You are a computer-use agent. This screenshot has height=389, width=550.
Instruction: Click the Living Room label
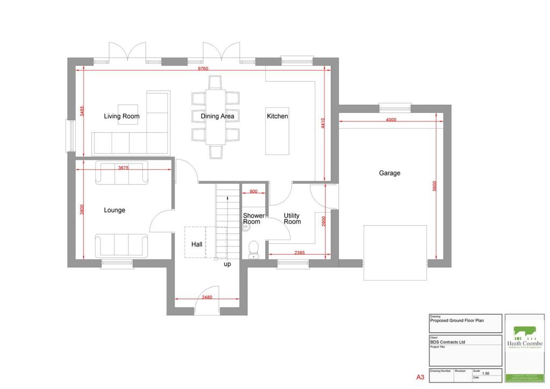(121, 116)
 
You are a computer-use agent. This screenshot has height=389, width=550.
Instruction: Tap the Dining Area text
(218, 116)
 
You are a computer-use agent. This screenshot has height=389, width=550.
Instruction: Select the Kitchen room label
(277, 116)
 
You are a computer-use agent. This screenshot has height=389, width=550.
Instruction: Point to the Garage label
(389, 173)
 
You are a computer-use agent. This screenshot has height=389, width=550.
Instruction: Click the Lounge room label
(114, 210)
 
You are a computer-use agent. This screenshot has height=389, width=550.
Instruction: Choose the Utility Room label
(292, 219)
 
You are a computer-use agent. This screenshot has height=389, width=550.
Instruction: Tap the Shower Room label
(254, 219)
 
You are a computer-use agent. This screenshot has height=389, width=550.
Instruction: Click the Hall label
(197, 244)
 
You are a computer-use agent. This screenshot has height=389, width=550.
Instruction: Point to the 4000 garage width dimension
(391, 120)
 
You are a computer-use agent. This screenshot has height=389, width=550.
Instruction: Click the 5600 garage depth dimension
(435, 186)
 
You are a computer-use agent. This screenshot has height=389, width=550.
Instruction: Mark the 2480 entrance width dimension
(207, 297)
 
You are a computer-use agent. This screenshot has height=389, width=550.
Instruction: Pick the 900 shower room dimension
(254, 191)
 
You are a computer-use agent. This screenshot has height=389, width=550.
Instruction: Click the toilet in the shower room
(254, 249)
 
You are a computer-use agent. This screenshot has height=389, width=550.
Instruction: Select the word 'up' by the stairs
(228, 264)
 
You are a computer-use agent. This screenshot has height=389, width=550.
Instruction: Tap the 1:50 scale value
(486, 373)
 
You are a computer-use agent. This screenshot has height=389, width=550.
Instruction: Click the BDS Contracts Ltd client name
(447, 342)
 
